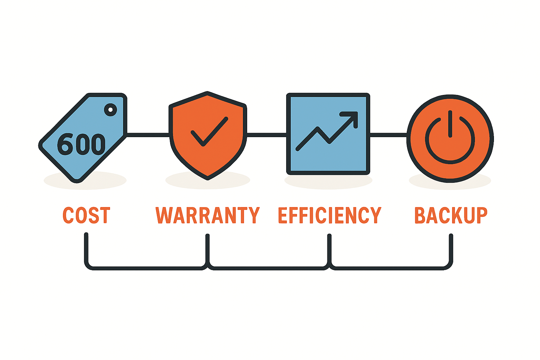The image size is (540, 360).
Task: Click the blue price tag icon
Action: [83, 137]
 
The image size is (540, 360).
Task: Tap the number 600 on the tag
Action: [81, 144]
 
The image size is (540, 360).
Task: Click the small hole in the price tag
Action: [110, 110]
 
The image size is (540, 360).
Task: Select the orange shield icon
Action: [208, 135]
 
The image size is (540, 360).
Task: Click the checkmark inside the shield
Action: [209, 131]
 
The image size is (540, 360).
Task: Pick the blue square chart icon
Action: [328, 134]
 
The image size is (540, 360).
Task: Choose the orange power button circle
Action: [450, 139]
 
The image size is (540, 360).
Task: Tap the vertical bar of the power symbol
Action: [450, 124]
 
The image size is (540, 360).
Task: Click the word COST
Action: [86, 215]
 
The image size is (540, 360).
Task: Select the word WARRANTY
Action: [207, 215]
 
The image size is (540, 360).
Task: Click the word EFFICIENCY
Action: [330, 215]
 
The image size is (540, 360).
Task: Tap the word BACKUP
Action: [451, 215]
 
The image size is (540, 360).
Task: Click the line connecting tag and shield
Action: [148, 135]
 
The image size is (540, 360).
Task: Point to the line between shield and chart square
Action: [266, 135]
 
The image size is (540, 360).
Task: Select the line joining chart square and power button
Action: [388, 135]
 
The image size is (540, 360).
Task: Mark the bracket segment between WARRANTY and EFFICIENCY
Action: [268, 268]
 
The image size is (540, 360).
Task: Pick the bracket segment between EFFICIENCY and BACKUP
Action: [391, 268]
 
